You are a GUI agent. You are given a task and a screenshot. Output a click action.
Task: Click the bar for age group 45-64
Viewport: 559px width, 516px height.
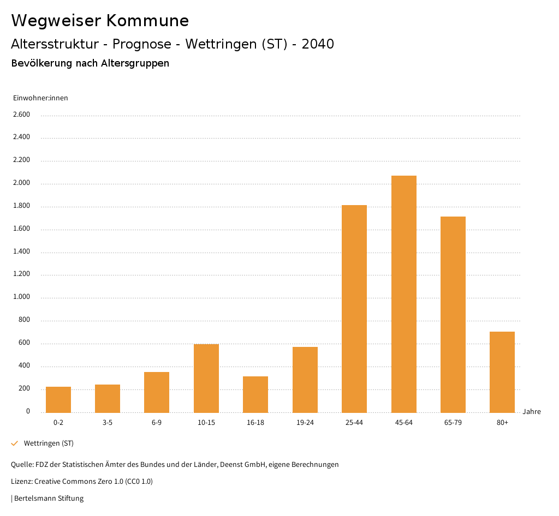coord(403,294)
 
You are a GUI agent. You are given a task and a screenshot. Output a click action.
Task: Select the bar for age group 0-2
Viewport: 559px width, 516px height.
coord(58,399)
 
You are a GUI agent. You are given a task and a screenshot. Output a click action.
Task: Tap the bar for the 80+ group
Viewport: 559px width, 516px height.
coord(502,372)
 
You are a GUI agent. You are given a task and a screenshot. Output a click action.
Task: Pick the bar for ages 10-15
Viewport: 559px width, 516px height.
coord(206,378)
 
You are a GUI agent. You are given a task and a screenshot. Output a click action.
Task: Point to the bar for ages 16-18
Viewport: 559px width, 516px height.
coord(255,394)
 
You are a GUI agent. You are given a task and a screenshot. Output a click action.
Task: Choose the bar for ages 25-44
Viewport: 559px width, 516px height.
coord(354,309)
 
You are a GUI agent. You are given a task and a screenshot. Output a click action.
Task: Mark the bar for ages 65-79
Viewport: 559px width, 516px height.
coord(453,314)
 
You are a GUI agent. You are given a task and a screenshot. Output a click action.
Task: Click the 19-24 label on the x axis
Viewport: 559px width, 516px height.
coord(305,423)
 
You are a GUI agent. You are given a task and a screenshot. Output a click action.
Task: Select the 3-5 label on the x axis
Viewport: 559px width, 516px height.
coord(108,423)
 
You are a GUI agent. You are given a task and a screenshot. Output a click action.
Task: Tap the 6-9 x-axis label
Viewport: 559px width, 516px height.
coord(157,423)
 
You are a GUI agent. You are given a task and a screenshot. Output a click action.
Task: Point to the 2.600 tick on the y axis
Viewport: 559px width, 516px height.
coord(21,115)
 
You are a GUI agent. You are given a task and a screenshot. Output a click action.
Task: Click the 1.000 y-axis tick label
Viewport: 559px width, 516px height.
coord(21,297)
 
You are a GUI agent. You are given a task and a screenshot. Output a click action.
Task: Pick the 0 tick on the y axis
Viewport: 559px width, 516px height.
coord(28,411)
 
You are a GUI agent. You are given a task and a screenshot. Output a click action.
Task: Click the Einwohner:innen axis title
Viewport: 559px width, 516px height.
coord(41,98)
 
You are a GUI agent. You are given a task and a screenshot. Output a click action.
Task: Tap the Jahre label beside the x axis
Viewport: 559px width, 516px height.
coord(531,412)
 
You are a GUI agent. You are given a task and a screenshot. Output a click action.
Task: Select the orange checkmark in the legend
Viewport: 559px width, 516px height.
coord(15,443)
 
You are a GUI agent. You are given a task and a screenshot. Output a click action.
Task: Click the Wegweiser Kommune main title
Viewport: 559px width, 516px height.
coord(100,21)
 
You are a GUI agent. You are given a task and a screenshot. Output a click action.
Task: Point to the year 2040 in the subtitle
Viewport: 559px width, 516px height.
coord(318,44)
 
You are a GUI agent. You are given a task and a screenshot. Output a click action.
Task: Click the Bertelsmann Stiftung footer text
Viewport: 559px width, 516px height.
coord(49,499)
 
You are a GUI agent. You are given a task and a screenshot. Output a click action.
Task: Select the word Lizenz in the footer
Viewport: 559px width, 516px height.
coord(21,482)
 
